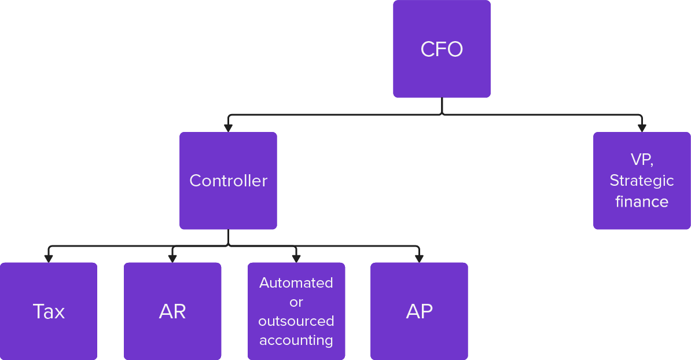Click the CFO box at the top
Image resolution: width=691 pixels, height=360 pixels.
pos(442,49)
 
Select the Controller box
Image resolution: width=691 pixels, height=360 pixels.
pos(228,181)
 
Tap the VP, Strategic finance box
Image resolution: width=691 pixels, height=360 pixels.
pos(642,181)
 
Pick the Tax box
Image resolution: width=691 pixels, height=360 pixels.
pos(49,311)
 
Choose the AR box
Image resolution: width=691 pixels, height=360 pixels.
pos(172,311)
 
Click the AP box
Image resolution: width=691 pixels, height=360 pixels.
pos(419,311)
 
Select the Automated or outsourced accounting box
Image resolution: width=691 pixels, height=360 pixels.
pos(296,311)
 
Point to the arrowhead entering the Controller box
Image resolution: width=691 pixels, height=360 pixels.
pos(228,128)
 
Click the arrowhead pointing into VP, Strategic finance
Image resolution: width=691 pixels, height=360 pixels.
pos(641,128)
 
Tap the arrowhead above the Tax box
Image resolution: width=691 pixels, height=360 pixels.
pos(49,258)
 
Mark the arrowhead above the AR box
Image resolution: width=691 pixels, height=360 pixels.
pos(172,258)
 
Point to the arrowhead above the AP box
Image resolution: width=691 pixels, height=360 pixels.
pos(418,258)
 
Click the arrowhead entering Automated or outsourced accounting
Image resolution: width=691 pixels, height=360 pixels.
pos(296,258)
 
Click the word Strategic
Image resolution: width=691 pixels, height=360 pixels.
pos(642,181)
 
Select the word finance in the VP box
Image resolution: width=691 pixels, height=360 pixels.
pos(642,201)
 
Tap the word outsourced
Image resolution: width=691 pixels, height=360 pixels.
pos(296,321)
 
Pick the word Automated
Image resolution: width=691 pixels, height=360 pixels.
pos(296,283)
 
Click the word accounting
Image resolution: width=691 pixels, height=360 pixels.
pos(296,340)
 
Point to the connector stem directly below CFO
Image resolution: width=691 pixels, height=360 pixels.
pos(442,106)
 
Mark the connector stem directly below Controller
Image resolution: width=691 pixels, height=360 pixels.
pos(228,238)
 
